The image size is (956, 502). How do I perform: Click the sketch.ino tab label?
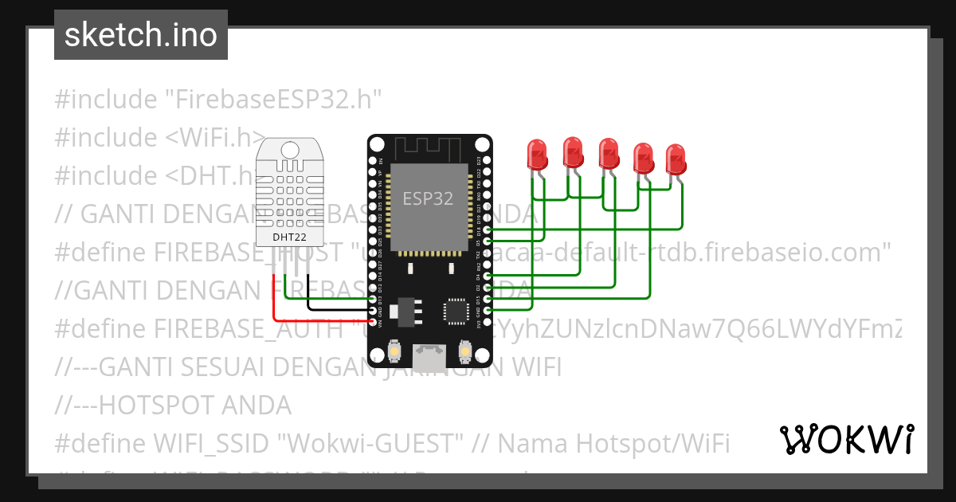(140, 35)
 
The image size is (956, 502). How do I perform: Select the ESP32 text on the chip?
(428, 199)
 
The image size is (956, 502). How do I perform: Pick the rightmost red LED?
(676, 159)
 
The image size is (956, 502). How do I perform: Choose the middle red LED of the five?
(609, 152)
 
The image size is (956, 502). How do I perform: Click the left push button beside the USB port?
(394, 351)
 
